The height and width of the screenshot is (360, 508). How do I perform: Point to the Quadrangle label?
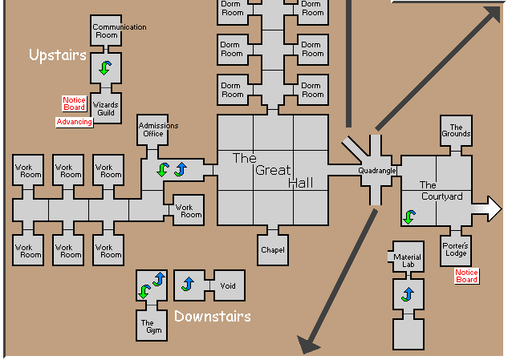point(377,170)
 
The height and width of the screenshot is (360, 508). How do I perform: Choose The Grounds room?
point(456,131)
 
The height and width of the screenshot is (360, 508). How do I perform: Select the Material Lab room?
point(407,261)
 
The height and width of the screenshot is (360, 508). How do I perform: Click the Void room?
point(227,285)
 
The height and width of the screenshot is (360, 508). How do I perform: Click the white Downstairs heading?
point(212,316)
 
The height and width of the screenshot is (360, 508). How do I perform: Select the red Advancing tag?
point(74,122)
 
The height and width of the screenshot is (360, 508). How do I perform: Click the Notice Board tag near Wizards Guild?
point(74,103)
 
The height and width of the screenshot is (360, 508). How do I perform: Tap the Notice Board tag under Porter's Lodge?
point(466,276)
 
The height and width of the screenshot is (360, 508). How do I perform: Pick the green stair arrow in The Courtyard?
point(409,216)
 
